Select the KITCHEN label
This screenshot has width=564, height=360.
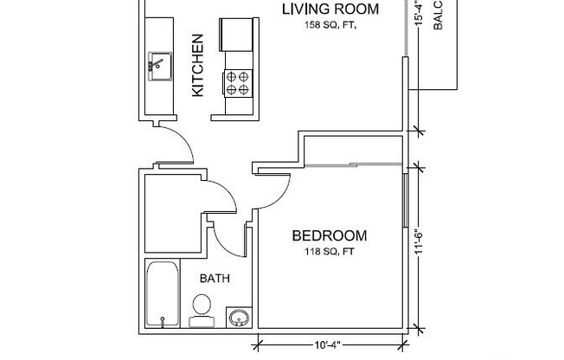197,65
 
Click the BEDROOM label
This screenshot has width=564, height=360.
329,235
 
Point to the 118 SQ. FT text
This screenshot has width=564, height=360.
329,253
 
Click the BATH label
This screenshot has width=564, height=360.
215,279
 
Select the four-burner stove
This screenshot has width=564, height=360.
239,83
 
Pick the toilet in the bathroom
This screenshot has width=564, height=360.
201,309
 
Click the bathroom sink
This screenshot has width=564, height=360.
238,318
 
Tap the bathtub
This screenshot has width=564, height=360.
163,295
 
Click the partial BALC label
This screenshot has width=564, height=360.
438,16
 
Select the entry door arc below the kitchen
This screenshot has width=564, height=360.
180,144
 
